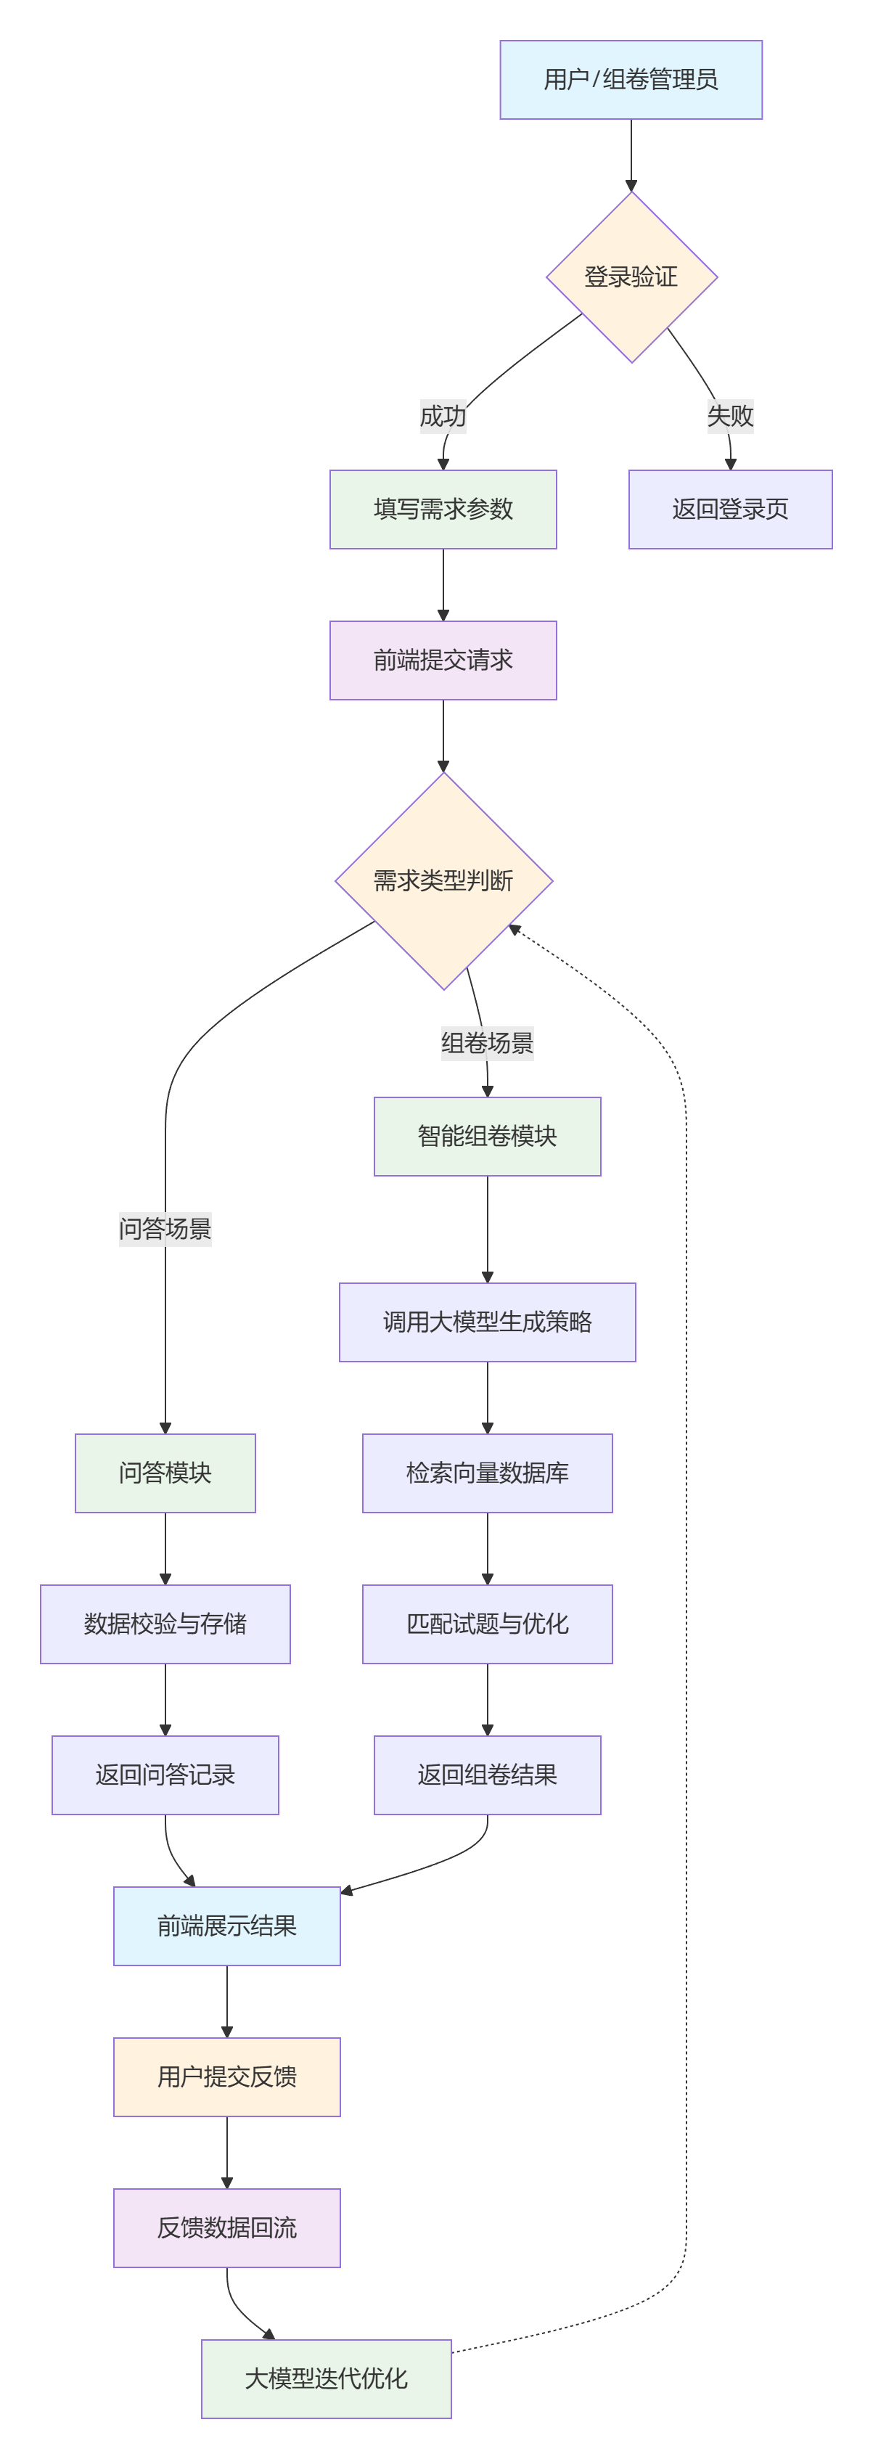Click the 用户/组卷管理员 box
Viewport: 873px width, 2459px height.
[x=631, y=79]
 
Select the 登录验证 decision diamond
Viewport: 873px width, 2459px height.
[x=631, y=277]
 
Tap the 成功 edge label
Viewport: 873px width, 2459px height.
[x=443, y=416]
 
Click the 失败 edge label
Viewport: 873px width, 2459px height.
[x=730, y=416]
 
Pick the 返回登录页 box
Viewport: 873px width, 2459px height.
[x=730, y=509]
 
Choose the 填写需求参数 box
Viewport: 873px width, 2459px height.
[x=443, y=509]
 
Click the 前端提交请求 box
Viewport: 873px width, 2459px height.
[x=443, y=660]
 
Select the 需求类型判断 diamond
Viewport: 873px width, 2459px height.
[x=443, y=880]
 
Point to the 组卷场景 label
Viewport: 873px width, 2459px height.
[x=487, y=1042]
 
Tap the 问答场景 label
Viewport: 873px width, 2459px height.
[x=165, y=1229]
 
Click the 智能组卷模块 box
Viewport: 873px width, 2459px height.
[x=487, y=1136]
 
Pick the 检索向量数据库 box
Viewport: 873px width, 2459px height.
[x=487, y=1472]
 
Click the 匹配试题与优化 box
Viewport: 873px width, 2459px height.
[x=487, y=1623]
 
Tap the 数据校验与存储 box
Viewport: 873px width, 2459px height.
[x=165, y=1623]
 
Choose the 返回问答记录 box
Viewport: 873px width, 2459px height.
[x=165, y=1775]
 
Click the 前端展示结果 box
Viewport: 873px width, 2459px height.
[x=226, y=1926]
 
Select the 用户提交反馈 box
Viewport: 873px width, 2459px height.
[x=226, y=2077]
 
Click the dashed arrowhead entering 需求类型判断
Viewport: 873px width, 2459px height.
[x=515, y=930]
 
